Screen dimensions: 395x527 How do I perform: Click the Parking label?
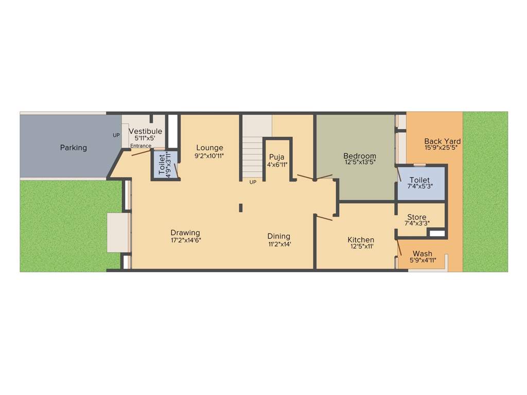pos(73,148)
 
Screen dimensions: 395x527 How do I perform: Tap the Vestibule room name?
pos(145,131)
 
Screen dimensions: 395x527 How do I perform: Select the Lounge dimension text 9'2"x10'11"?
pos(209,155)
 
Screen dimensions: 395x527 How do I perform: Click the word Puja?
pos(277,157)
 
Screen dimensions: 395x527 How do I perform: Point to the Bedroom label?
pos(360,156)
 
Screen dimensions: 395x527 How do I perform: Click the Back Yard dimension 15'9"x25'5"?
pos(442,148)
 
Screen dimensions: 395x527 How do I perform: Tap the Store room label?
pos(416,217)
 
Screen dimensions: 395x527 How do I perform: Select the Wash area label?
pos(423,254)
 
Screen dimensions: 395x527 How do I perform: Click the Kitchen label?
pos(361,240)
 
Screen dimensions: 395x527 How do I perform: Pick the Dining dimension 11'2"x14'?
pos(279,244)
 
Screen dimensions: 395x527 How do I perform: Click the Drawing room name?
pos(185,232)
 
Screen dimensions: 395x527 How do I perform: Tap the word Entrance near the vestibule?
pos(140,146)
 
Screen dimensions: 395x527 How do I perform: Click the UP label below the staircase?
pos(253,182)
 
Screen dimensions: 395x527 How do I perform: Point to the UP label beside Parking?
pos(116,135)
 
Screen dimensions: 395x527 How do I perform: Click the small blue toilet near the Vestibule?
pos(165,165)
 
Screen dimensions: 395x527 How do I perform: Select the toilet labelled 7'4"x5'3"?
pos(420,183)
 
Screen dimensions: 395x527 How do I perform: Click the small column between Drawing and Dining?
pos(240,207)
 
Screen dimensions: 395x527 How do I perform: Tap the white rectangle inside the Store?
pos(437,234)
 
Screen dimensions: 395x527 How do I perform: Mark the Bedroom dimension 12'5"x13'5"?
pos(360,163)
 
